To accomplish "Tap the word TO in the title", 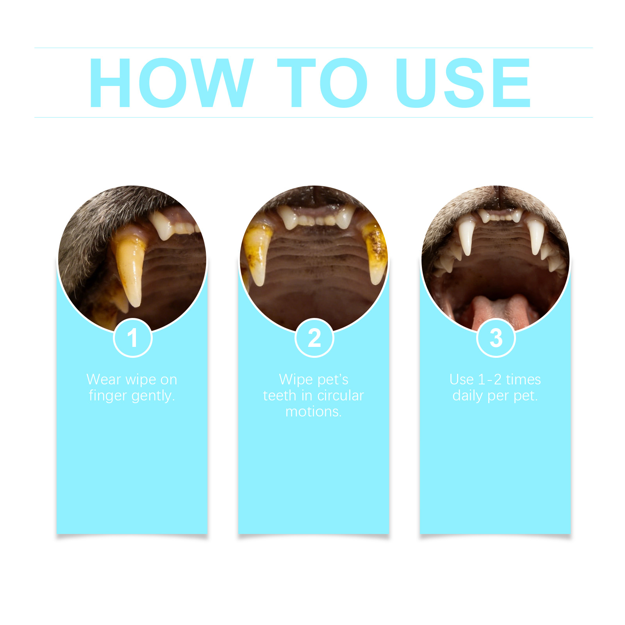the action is (x=322, y=82).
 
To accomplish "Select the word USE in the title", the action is (x=463, y=82).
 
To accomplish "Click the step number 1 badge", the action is (x=133, y=338).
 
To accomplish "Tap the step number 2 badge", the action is (x=314, y=338).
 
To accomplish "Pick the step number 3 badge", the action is (x=496, y=338).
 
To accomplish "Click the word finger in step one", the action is (x=108, y=396).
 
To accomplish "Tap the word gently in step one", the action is (x=153, y=396).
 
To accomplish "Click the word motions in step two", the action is (x=314, y=412).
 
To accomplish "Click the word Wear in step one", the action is (x=104, y=379).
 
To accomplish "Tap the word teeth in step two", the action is (x=280, y=395).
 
